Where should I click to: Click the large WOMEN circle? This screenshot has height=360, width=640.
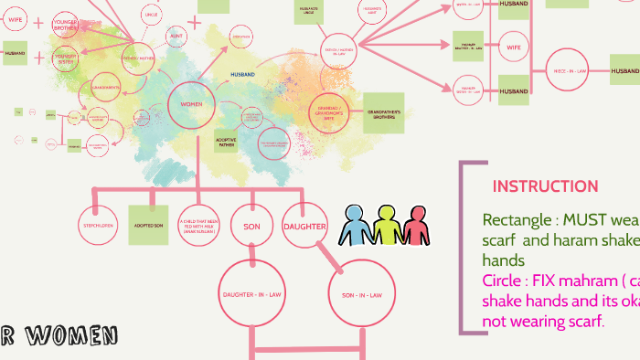point(191,105)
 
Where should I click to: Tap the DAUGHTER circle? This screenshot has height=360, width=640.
point(304,226)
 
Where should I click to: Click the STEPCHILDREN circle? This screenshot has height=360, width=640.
point(99,225)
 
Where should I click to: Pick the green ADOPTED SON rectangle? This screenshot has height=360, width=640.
point(148,225)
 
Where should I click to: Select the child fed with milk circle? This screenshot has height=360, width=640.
point(201,226)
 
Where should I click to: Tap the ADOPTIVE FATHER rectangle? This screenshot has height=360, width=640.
point(226,143)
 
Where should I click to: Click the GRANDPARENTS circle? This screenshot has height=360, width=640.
point(106,88)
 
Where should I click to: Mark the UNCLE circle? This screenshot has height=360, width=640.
point(152,14)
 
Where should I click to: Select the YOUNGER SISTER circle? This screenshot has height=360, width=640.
point(65,59)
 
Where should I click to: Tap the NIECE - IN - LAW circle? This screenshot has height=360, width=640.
point(570,69)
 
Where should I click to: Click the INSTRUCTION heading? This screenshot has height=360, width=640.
point(545,186)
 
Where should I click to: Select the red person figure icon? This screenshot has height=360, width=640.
point(417,225)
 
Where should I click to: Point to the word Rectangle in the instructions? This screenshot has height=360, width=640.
point(514,220)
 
